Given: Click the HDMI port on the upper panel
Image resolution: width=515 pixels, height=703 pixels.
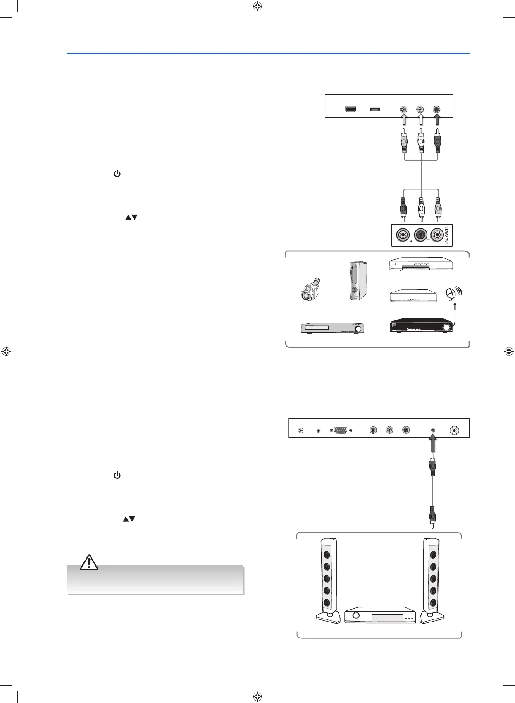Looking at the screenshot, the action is [350, 110].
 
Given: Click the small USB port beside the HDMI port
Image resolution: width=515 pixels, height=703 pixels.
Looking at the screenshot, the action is [375, 110].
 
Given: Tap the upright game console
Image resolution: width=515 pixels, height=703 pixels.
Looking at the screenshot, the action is [357, 280].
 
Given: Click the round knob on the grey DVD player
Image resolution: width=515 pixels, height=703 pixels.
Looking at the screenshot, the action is [358, 329].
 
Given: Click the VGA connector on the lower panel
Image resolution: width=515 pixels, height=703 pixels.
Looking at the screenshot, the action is [341, 430].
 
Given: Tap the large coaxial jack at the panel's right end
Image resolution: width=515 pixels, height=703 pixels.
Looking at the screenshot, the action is [455, 430].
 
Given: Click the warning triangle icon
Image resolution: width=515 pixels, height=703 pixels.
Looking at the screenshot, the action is [89, 562].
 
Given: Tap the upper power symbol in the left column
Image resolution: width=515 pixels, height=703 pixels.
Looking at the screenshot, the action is [117, 174].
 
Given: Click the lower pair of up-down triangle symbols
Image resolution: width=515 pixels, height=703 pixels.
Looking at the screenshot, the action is [129, 519].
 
